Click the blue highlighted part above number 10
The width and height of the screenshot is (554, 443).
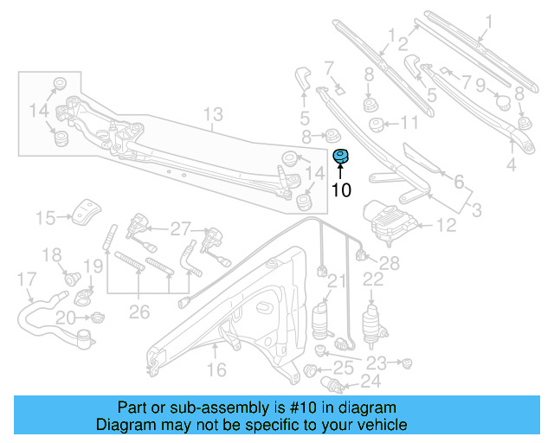pos(341,156)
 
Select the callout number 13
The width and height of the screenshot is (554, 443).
pos(213,114)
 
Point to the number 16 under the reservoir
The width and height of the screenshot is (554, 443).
pos(216,369)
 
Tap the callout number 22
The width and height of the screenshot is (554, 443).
pos(373,279)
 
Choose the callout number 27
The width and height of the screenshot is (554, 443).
pos(179,228)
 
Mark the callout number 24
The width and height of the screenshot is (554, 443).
pos(369,381)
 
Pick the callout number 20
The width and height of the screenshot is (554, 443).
pos(65,319)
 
